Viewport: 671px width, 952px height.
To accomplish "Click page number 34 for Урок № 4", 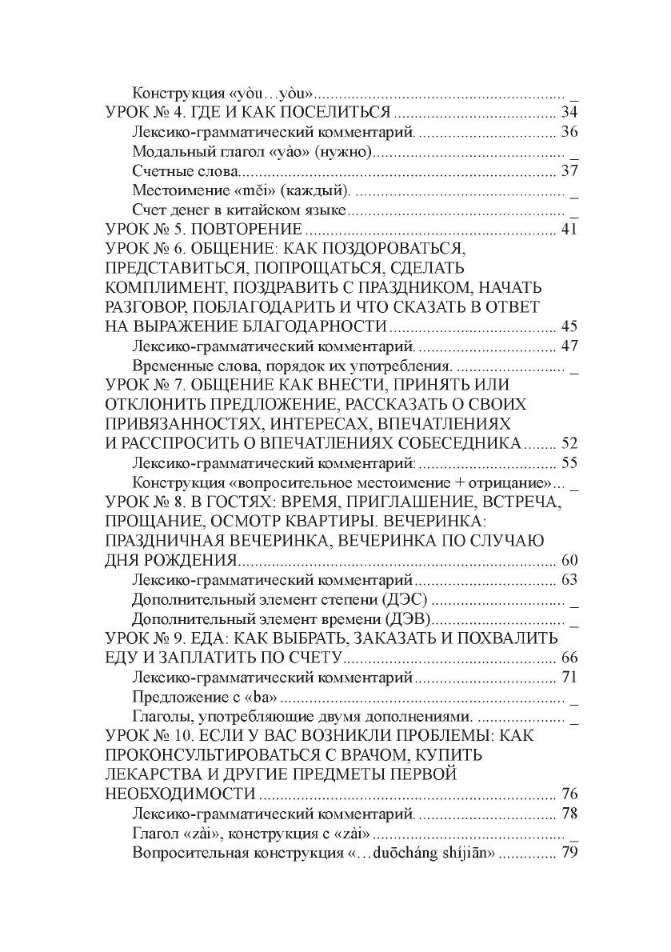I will (569, 111).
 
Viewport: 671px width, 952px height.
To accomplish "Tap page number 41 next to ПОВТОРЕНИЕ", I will (569, 230).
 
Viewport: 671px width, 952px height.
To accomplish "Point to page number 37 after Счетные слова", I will (569, 170).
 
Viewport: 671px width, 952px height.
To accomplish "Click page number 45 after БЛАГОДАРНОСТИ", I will (569, 326).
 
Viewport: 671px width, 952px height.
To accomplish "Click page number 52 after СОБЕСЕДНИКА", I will (569, 442).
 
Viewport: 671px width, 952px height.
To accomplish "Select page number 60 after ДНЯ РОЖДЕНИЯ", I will (569, 559).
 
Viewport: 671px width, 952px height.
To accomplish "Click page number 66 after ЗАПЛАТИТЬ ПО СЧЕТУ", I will (569, 658).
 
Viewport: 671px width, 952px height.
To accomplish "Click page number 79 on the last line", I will (569, 853).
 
